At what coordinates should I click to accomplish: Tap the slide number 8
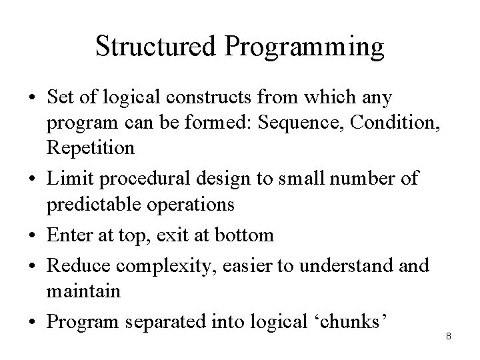point(449,337)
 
